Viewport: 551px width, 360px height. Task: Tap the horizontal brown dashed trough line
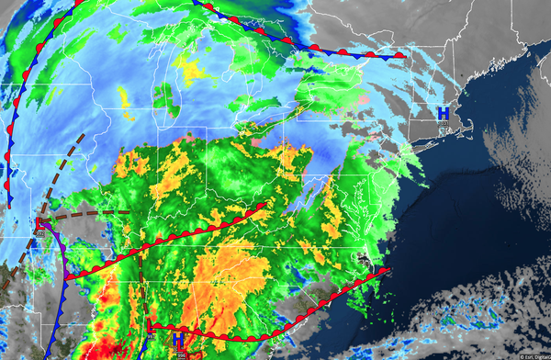tap(92, 214)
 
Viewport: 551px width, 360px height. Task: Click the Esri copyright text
tap(532, 355)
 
